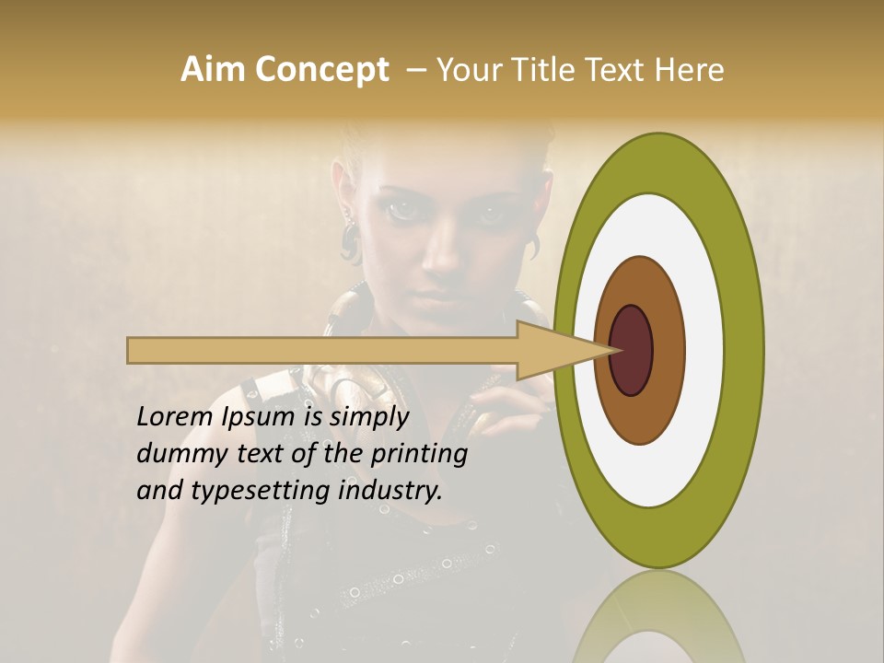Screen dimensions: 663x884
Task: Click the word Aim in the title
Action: [214, 70]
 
